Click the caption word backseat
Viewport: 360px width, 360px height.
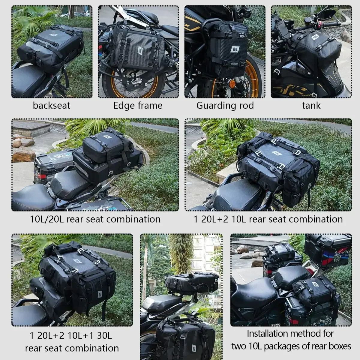pos(52,106)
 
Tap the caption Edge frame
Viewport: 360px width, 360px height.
pos(138,106)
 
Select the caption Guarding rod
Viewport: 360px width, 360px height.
pos(225,106)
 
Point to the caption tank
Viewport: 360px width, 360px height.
pos(311,106)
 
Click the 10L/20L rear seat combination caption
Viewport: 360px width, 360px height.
pos(95,219)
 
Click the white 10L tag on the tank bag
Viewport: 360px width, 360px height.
pos(315,37)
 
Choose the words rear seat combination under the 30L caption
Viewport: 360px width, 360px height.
pos(72,348)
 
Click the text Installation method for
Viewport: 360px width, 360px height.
pos(290,334)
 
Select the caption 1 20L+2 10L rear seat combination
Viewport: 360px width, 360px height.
pos(268,219)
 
